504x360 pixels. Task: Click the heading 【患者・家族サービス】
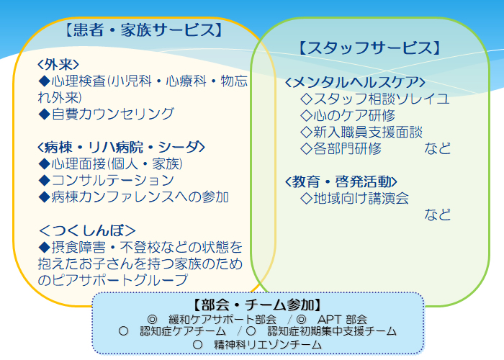(144, 30)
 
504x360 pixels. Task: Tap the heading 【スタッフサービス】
(369, 48)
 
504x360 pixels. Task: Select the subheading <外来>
(58, 65)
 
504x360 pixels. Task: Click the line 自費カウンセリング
(112, 114)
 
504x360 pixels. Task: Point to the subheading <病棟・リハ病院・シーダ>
(121, 147)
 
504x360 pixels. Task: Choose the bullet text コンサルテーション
(112, 180)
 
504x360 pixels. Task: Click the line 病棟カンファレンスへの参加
(140, 197)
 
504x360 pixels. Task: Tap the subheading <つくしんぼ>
(87, 230)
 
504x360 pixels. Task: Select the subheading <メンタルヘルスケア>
(355, 82)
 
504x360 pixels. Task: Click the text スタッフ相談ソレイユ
(381, 99)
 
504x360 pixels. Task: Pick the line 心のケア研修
(354, 115)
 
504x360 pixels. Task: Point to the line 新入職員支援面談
(368, 132)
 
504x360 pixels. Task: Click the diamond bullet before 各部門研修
(306, 148)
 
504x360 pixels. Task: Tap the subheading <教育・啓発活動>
(341, 181)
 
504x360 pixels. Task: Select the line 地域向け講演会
(361, 198)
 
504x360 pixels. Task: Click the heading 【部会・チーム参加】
(258, 305)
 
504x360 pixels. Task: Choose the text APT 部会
(342, 319)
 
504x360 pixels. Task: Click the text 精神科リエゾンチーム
(268, 345)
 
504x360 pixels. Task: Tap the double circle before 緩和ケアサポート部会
(152, 320)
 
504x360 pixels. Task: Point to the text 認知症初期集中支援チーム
(332, 331)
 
